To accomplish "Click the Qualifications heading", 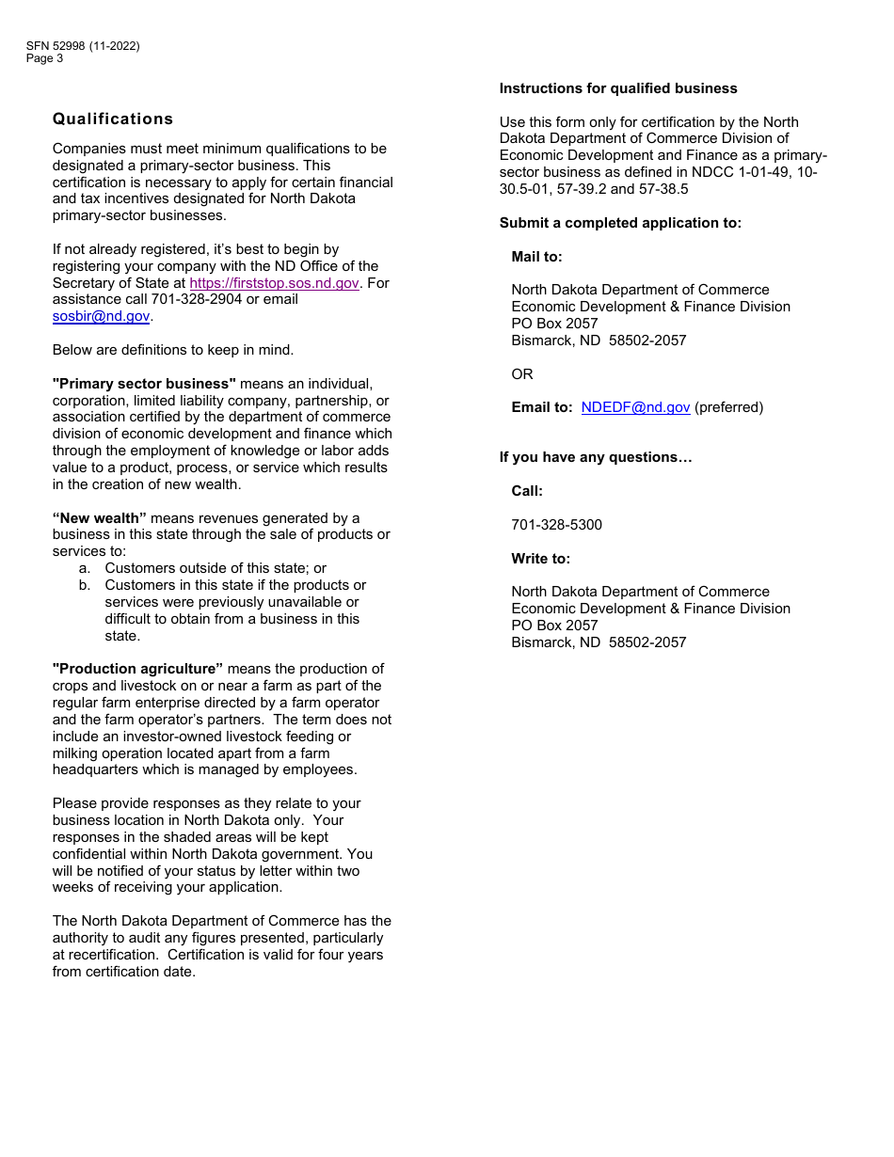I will tap(113, 119).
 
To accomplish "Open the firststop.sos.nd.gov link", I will tap(274, 283).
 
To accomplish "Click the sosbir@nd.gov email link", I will tap(101, 317).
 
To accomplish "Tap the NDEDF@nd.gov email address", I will tap(635, 407).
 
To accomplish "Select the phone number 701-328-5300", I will tap(556, 525).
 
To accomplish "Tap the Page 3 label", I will tap(45, 58).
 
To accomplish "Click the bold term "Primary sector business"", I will tap(144, 384).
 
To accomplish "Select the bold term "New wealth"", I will tap(100, 518).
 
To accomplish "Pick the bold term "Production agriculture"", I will tap(137, 669).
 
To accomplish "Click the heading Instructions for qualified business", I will tap(618, 88).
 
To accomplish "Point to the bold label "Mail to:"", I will tap(536, 257).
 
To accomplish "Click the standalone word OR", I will tap(522, 374).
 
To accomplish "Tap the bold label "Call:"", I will tap(527, 491).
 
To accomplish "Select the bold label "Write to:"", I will tap(540, 559).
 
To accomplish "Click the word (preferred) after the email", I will tap(728, 407).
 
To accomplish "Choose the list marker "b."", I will tap(85, 585).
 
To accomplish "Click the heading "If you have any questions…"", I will tap(596, 457).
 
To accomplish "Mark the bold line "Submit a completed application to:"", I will tap(620, 223).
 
